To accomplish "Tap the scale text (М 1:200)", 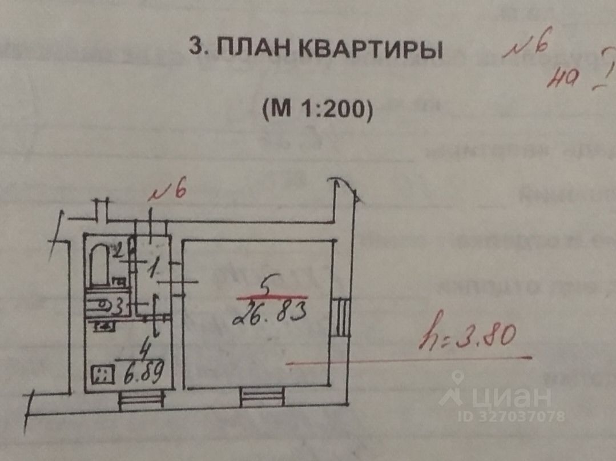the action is [317, 109].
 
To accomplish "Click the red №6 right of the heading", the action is [526, 49].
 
